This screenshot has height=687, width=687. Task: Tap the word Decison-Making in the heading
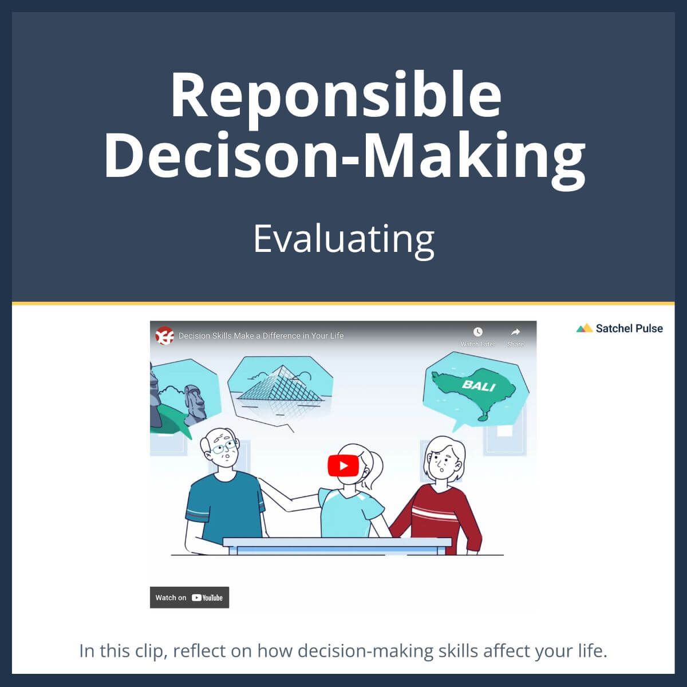pos(343,155)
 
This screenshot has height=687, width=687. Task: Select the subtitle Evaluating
pos(343,239)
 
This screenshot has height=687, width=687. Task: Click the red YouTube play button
pos(343,465)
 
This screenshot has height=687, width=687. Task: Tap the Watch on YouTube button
pos(189,597)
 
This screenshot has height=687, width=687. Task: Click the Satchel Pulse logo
pos(619,328)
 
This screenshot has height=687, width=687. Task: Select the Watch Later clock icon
pos(477,332)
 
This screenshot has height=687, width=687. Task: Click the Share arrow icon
pos(515,332)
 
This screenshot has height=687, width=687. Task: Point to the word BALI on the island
pos(478,385)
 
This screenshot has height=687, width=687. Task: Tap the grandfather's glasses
pos(222,448)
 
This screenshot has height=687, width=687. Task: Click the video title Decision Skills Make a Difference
pos(261,335)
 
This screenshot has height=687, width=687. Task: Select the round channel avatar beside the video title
pos(164,335)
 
